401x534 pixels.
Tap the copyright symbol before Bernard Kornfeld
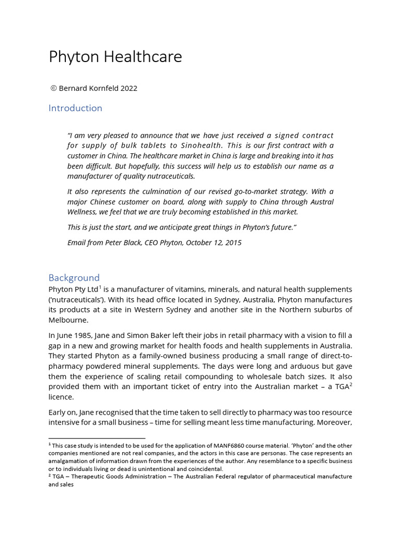[53, 88]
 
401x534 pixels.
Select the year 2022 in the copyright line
[128, 88]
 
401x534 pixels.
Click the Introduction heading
[75, 108]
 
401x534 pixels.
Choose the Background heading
[74, 277]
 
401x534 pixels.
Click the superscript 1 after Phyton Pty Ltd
[100, 287]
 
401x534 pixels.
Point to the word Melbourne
[68, 320]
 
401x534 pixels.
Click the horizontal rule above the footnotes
[97, 438]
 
